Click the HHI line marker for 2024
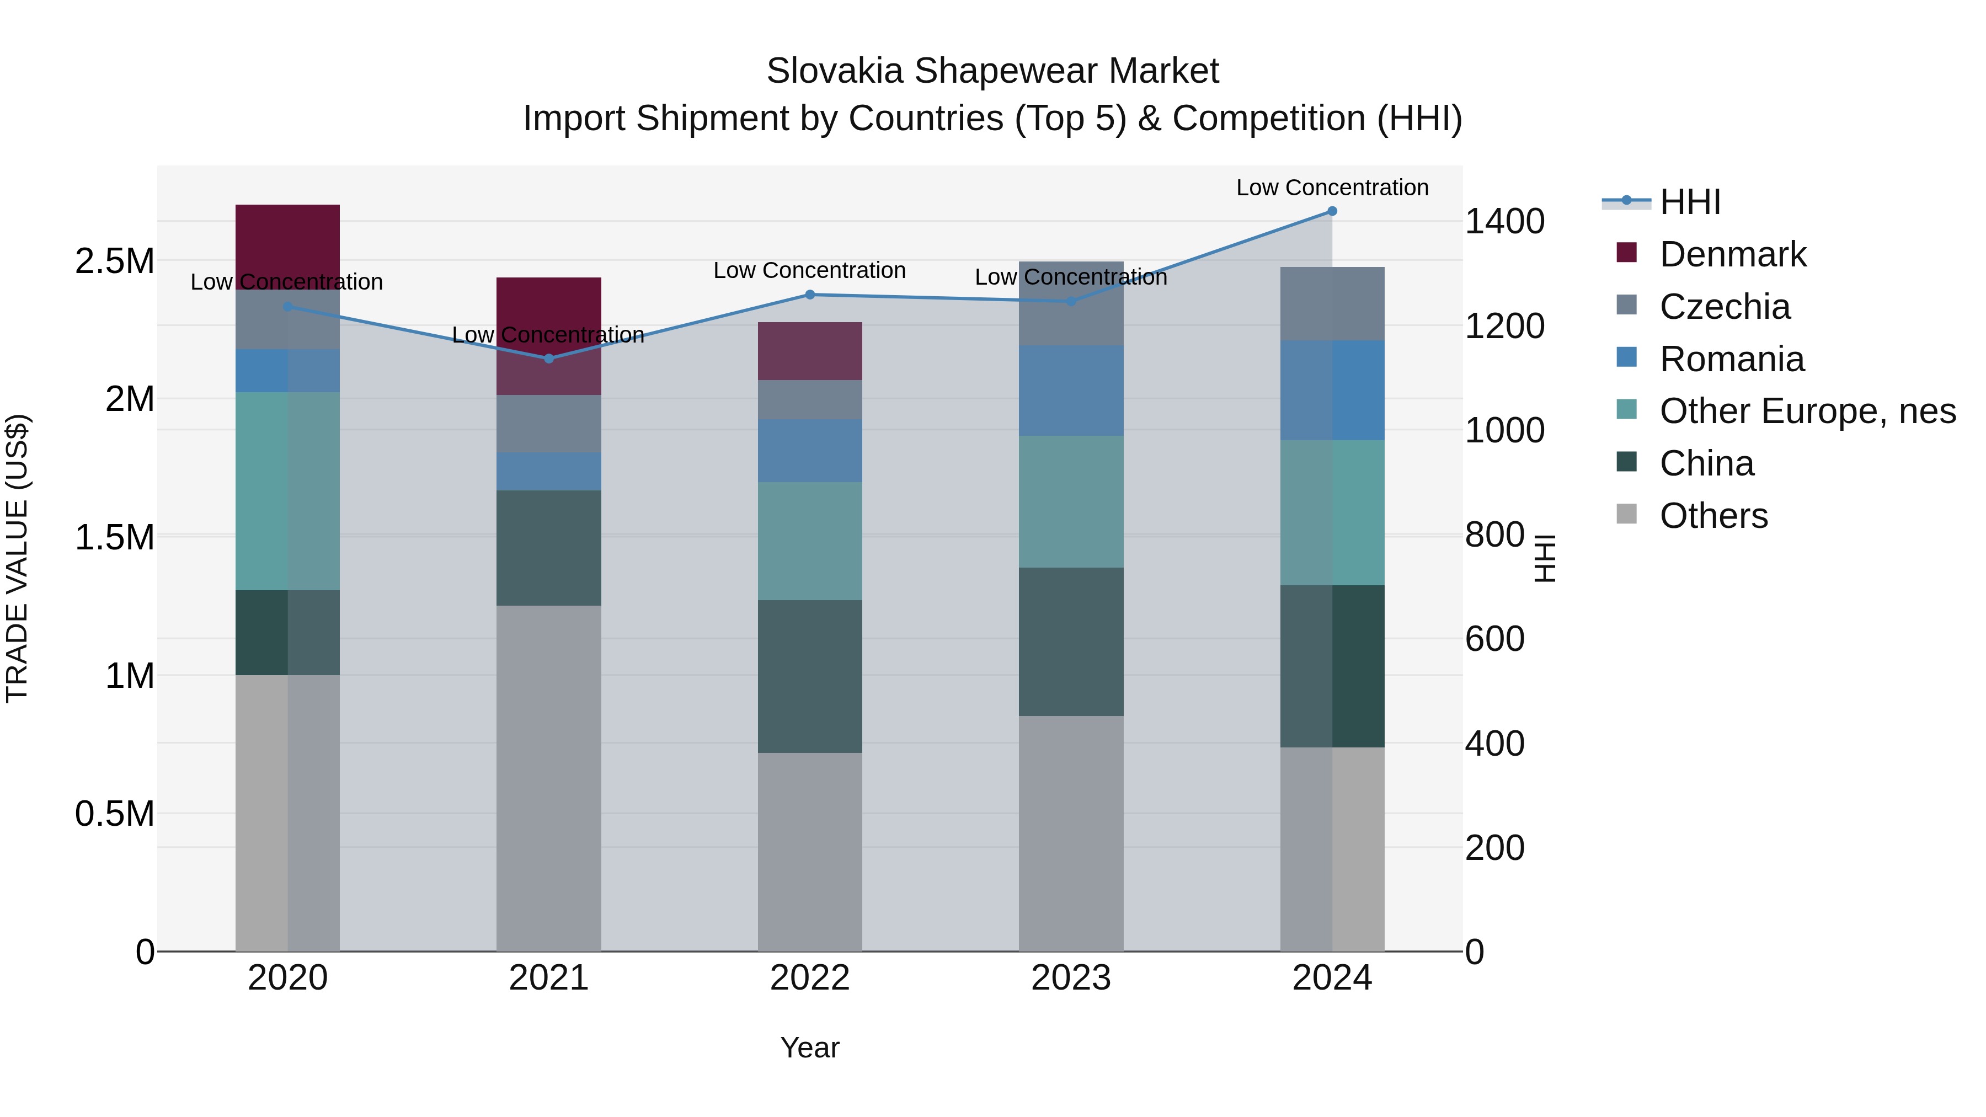(1332, 211)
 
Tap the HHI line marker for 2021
(549, 359)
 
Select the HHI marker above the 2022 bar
(809, 295)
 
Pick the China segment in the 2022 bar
(809, 676)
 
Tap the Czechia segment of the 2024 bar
(1332, 304)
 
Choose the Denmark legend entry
(1732, 254)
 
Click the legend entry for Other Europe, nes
(1806, 411)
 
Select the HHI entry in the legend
(1689, 202)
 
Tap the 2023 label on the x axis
(1071, 978)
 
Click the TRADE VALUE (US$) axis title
(17, 558)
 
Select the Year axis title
(809, 1047)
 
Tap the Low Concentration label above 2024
(1332, 188)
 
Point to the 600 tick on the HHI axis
(1494, 639)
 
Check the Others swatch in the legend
(1626, 514)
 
